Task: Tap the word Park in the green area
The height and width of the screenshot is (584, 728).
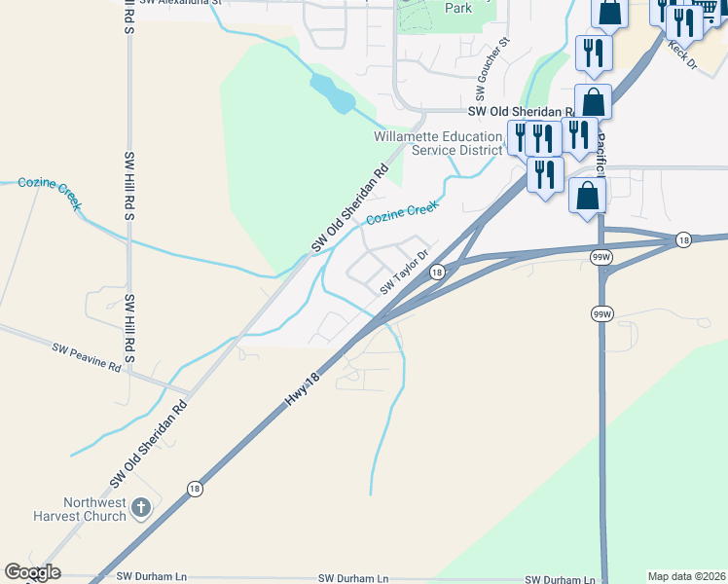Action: click(x=457, y=8)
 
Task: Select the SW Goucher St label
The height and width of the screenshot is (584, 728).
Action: click(x=491, y=71)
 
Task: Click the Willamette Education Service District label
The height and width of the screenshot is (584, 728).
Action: click(x=438, y=143)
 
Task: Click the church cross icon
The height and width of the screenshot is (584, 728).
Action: click(x=141, y=508)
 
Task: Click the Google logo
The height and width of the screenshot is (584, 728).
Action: click(x=32, y=572)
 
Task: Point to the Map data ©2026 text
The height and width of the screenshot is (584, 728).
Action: click(x=686, y=576)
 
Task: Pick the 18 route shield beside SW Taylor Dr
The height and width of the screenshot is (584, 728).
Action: click(x=437, y=274)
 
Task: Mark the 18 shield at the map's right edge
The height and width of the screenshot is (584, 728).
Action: click(x=684, y=239)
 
